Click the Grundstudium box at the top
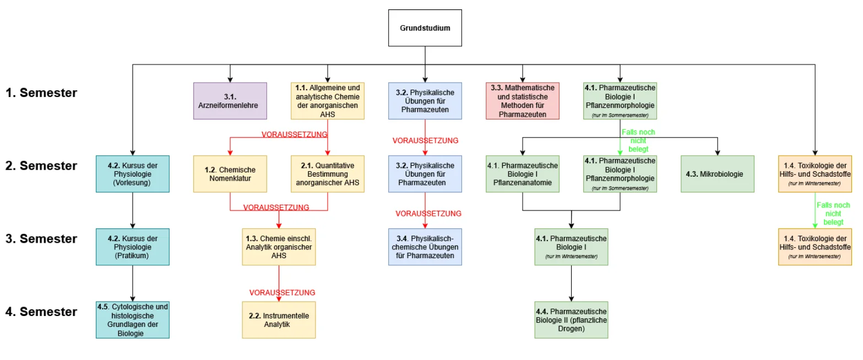click(x=425, y=28)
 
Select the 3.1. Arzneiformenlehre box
click(x=230, y=101)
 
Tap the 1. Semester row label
click(x=41, y=93)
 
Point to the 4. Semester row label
click(x=41, y=312)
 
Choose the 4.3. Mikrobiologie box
click(x=718, y=174)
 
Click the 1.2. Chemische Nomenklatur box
click(x=230, y=174)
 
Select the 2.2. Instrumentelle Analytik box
click(x=279, y=320)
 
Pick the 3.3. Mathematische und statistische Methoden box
click(x=523, y=101)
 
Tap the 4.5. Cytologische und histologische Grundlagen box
click(x=133, y=320)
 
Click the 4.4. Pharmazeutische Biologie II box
click(x=571, y=320)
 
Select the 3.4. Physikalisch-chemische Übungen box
click(x=425, y=247)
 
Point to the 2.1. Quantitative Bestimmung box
click(x=328, y=174)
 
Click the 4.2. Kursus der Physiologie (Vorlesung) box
click(x=133, y=174)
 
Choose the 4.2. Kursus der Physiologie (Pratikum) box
click(x=133, y=247)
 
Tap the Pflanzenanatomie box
click(x=523, y=174)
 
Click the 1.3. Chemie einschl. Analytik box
click(x=279, y=247)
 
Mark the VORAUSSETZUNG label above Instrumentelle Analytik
click(x=282, y=292)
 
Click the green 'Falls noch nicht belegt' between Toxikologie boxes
click(x=833, y=214)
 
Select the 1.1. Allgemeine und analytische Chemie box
click(x=328, y=101)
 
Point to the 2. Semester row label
click(x=41, y=166)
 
